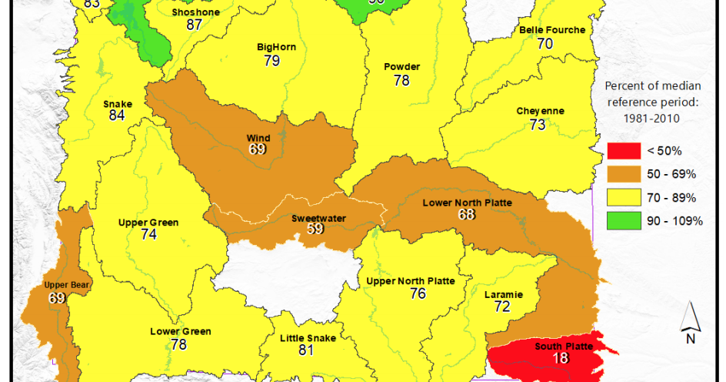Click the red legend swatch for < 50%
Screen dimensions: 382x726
pos(624,151)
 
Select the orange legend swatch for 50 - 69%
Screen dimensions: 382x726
pos(624,174)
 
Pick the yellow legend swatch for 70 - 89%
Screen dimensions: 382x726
pos(624,197)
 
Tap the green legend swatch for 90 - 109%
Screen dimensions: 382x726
pos(624,220)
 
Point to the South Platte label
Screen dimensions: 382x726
pos(564,346)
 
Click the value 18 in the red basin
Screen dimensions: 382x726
pos(562,359)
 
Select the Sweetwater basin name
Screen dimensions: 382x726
pos(318,218)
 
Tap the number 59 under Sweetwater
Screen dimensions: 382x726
pos(316,229)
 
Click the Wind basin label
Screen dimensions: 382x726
pos(258,138)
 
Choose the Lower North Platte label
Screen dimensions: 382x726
pos(467,203)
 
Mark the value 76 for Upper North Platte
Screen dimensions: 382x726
pos(418,293)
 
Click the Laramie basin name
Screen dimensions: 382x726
pos(504,294)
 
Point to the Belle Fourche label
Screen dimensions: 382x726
pos(551,30)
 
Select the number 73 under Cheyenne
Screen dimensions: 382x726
pos(537,124)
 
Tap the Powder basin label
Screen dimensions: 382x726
pos(401,67)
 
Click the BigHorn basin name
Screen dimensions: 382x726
pos(276,48)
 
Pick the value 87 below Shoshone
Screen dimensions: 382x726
pos(195,25)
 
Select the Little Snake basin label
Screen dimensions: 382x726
pos(307,338)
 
